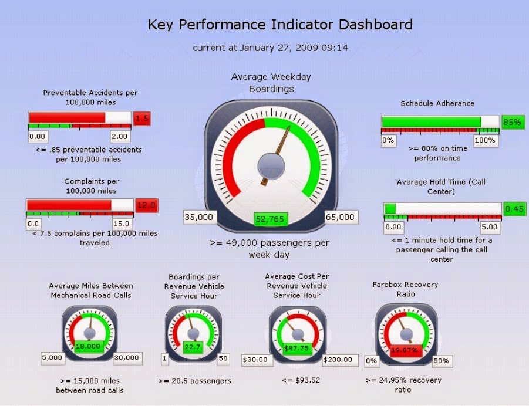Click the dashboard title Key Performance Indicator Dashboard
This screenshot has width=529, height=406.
click(279, 25)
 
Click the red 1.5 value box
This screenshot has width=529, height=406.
click(142, 119)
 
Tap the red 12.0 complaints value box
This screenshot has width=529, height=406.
click(146, 205)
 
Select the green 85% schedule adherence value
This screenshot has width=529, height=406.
click(511, 123)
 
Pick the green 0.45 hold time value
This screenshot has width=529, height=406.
click(515, 209)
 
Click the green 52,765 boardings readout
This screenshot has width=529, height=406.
click(270, 219)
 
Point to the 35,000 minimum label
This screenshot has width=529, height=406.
click(199, 217)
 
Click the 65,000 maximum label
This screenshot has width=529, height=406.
click(340, 217)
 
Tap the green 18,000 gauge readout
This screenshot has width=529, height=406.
click(89, 347)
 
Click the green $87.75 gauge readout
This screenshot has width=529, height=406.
click(297, 348)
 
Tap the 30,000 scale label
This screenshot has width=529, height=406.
click(126, 358)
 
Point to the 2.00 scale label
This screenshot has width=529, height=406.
click(120, 137)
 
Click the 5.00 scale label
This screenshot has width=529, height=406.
click(488, 227)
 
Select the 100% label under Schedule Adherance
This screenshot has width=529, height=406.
click(485, 141)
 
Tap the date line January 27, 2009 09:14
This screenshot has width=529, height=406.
click(270, 48)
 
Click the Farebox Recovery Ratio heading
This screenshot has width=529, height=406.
click(405, 289)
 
